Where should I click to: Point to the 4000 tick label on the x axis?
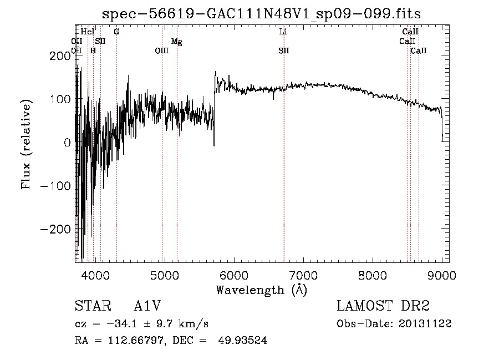point(95,275)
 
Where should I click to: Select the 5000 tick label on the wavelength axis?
point(164,275)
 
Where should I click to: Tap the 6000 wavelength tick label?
point(233,275)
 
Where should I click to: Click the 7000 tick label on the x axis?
point(303,275)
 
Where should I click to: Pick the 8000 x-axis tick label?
point(372,275)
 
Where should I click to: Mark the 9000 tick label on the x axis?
point(441,275)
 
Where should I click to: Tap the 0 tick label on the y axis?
point(67,143)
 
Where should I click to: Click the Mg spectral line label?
point(176,42)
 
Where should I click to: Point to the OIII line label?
point(162,50)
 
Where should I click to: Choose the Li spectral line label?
point(283,32)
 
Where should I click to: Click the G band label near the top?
point(116,32)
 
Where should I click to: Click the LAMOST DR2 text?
point(383,306)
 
